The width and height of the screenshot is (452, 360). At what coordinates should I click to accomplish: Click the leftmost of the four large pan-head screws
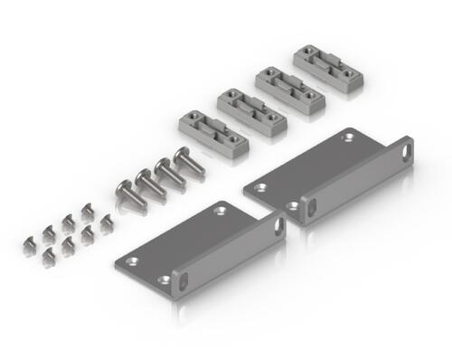tap(127, 191)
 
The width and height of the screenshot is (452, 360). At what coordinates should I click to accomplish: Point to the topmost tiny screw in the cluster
tap(88, 210)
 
